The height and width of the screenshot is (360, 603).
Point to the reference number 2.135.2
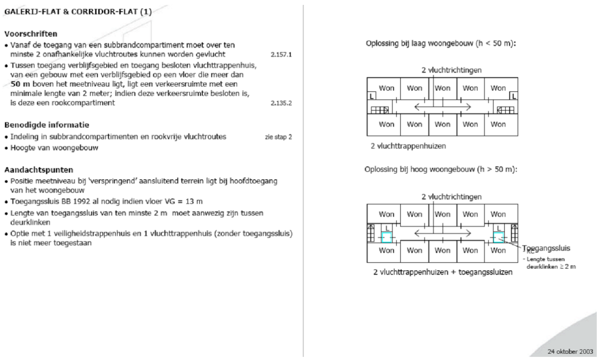coord(281,103)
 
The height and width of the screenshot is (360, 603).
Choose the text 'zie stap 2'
coord(278,137)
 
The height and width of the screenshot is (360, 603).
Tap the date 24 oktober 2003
coord(569,351)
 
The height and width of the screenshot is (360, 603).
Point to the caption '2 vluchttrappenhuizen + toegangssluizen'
coord(443,273)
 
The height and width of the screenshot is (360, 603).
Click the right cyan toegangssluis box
coord(498,237)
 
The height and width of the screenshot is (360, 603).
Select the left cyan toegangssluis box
coord(387,237)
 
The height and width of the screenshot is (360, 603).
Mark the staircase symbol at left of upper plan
coord(379,110)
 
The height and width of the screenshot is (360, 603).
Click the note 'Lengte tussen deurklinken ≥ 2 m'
coord(551,263)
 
